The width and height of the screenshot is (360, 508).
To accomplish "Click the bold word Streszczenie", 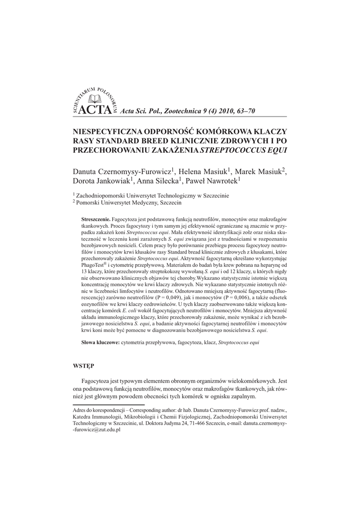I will (x=95, y=219).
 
